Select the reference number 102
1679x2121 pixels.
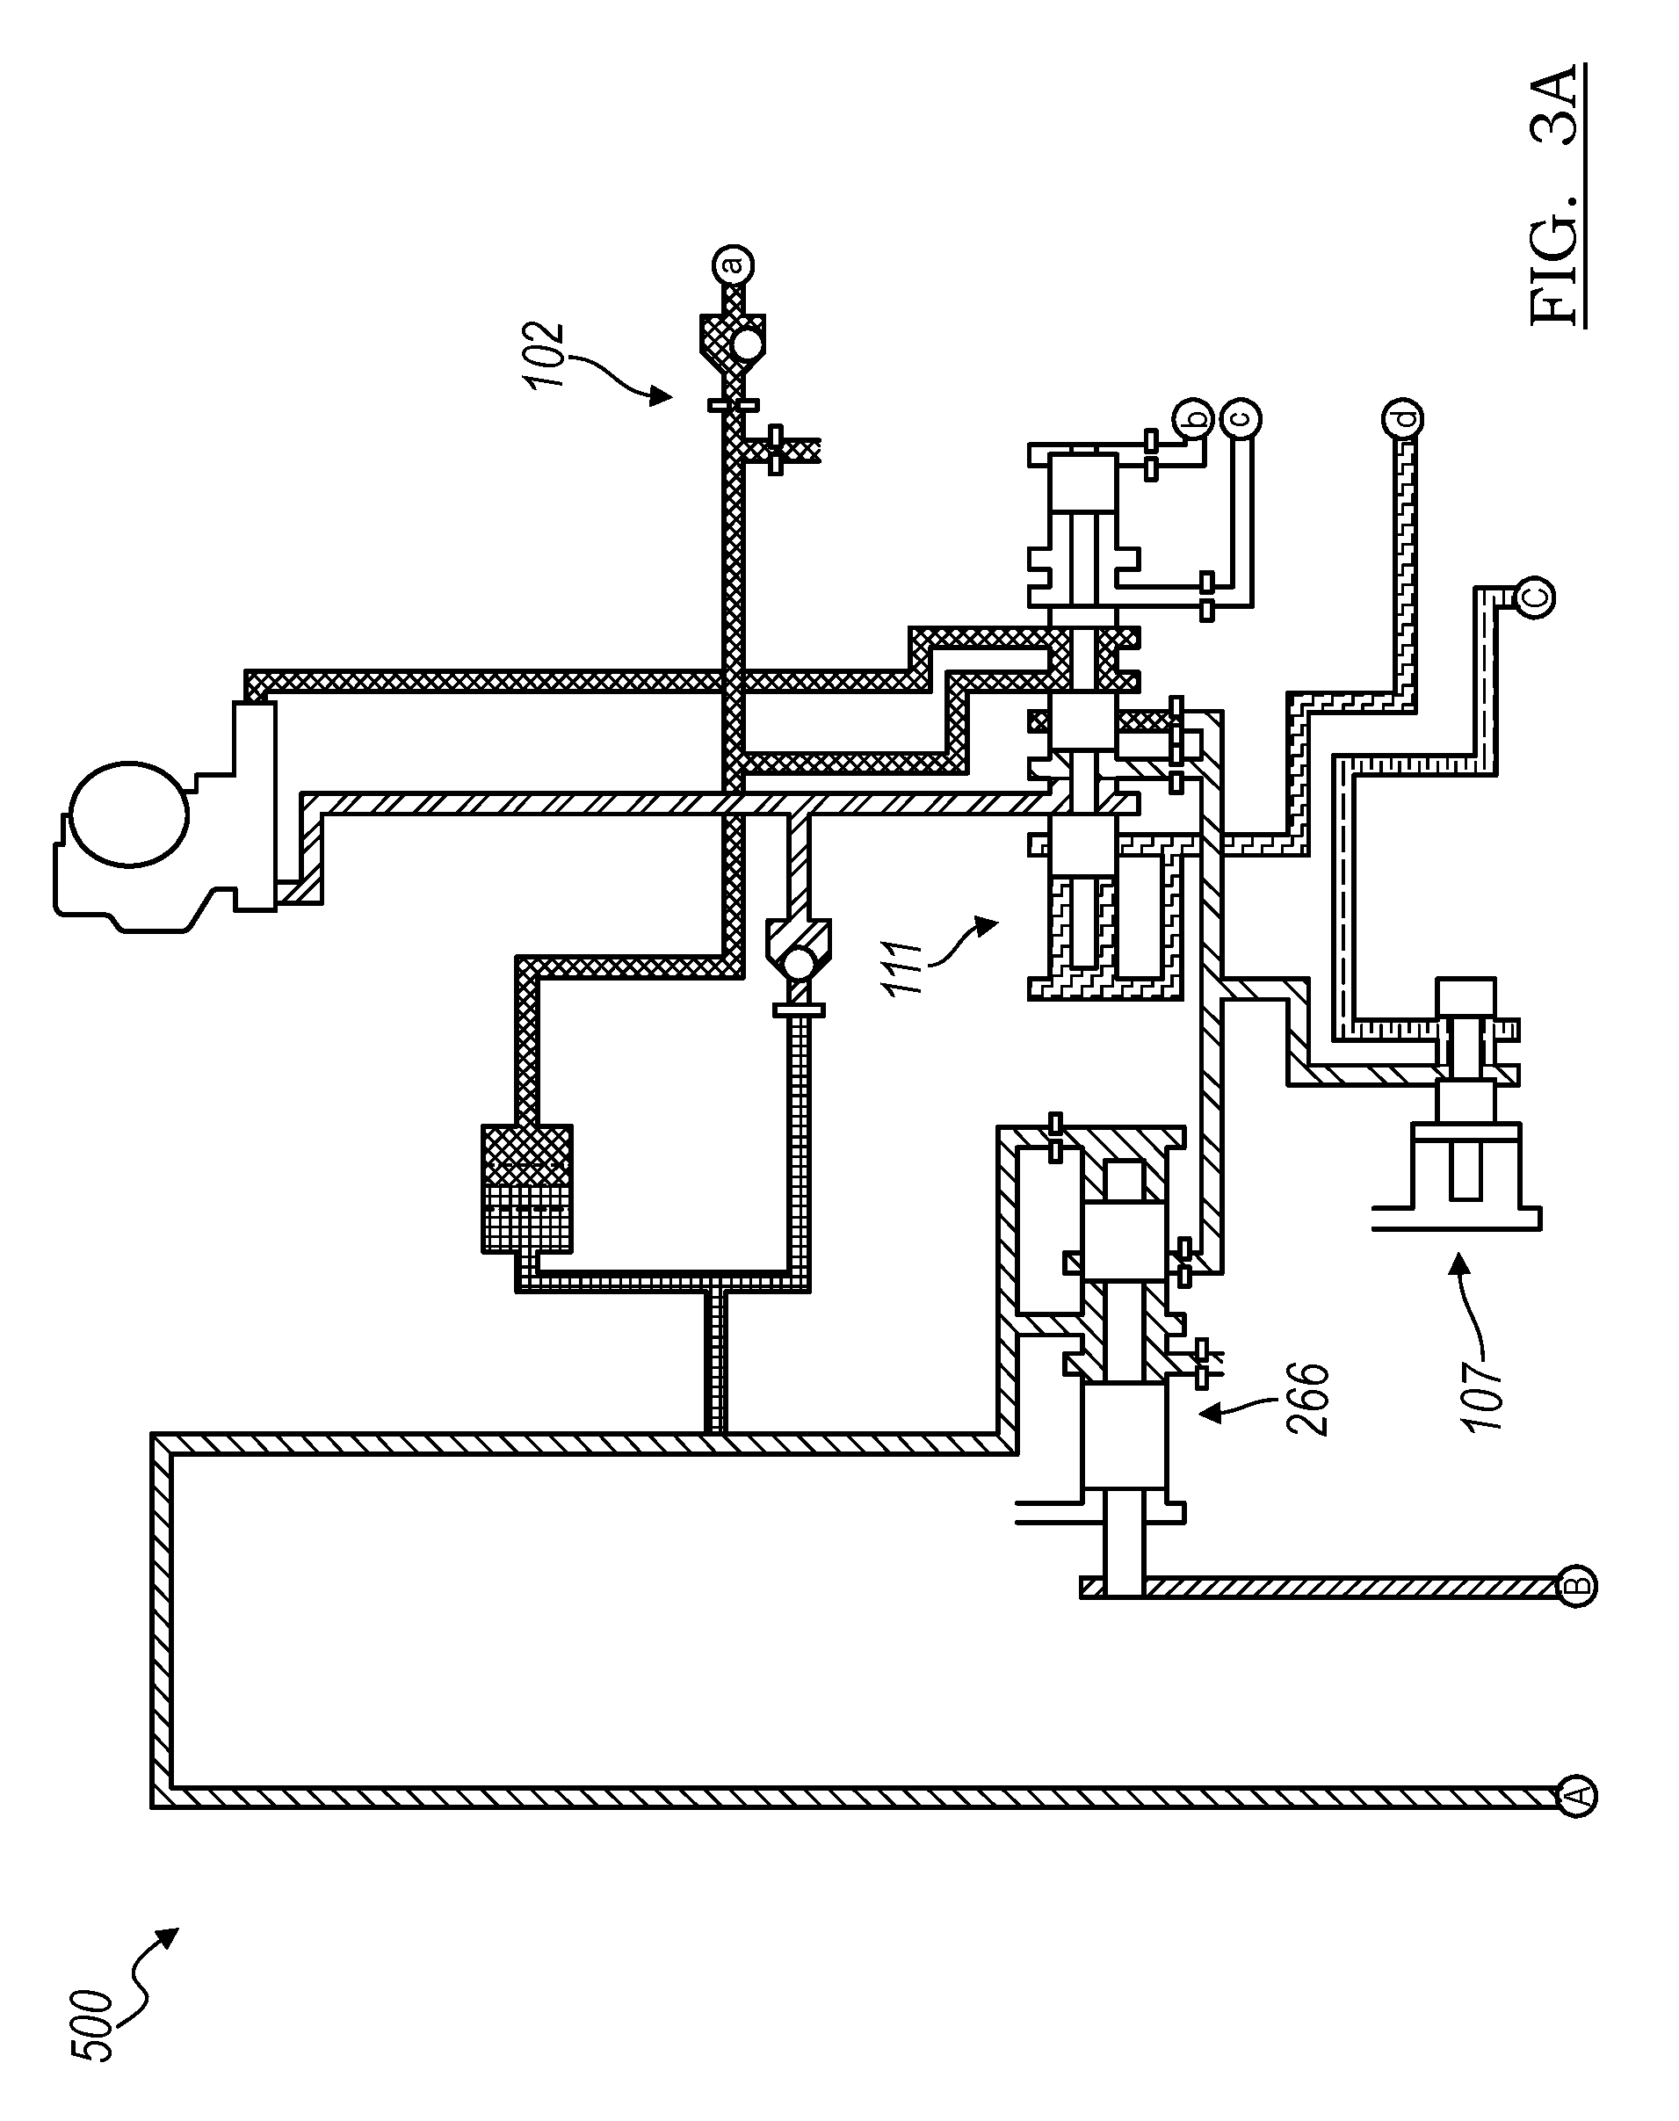click(546, 356)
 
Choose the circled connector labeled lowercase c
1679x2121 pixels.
click(1241, 417)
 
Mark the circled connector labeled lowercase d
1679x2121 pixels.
click(1400, 417)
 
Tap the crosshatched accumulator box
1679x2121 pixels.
click(527, 1190)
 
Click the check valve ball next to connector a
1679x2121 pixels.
click(748, 343)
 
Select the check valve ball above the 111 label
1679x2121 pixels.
click(800, 962)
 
